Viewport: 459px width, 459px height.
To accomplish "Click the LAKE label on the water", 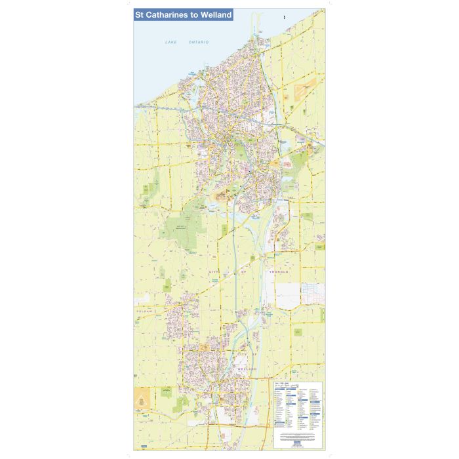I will (x=171, y=42).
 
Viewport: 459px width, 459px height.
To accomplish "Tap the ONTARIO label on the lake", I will (x=199, y=42).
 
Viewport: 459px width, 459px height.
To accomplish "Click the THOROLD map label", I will (x=278, y=271).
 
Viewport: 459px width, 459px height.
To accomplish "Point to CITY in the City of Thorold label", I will (x=215, y=271).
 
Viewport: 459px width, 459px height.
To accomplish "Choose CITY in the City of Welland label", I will (x=243, y=355).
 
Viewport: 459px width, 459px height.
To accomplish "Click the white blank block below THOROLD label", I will (x=287, y=295).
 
